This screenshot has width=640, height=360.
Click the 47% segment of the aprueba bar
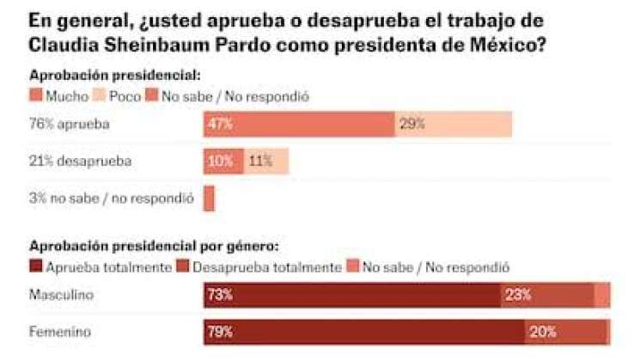tap(298, 124)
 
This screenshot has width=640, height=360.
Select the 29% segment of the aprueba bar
tap(453, 124)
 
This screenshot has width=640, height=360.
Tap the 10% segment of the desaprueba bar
tap(223, 161)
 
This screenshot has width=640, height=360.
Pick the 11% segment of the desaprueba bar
tap(266, 161)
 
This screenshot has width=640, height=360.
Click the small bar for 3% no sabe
tap(209, 198)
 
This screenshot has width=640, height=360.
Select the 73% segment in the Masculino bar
tap(352, 295)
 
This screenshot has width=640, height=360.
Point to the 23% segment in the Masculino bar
tap(547, 295)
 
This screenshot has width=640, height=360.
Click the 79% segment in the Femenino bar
tap(364, 332)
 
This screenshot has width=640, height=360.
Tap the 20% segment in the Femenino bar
tap(565, 332)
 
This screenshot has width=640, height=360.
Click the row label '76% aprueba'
tap(70, 124)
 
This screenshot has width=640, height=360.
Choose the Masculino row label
tap(61, 295)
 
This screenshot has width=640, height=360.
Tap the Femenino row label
tap(59, 332)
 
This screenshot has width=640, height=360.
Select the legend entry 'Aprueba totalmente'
tap(101, 267)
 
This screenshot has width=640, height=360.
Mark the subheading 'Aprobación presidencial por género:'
tap(154, 246)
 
